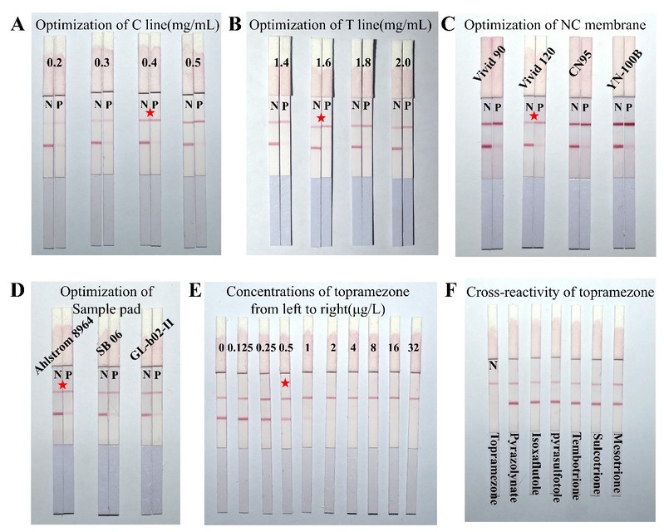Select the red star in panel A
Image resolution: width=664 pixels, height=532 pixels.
150,112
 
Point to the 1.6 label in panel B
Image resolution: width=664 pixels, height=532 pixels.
320,63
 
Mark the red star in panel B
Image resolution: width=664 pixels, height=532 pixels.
321,119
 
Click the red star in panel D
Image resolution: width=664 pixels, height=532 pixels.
63,385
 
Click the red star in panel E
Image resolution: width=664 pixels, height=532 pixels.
285,383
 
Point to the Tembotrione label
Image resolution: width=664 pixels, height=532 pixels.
575,465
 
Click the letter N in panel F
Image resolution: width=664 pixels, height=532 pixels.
492,364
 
